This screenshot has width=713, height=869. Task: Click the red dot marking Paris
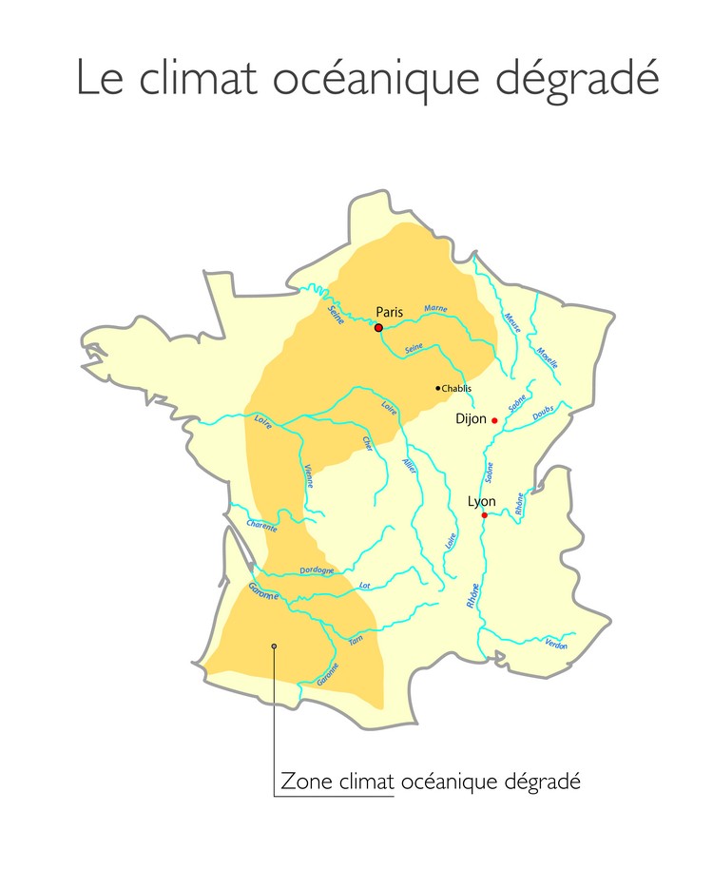(378, 327)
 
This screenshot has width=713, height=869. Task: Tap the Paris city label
(390, 311)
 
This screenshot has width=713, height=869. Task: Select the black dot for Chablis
(437, 388)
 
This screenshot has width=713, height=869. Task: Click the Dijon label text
(471, 418)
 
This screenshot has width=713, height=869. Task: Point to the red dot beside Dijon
(494, 420)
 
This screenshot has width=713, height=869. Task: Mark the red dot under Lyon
(484, 515)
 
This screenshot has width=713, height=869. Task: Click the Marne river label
(435, 309)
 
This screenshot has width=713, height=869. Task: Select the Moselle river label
(547, 357)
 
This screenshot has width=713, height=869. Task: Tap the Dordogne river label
(317, 571)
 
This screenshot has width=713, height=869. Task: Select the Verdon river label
(556, 645)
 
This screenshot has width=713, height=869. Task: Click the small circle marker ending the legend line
(274, 646)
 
